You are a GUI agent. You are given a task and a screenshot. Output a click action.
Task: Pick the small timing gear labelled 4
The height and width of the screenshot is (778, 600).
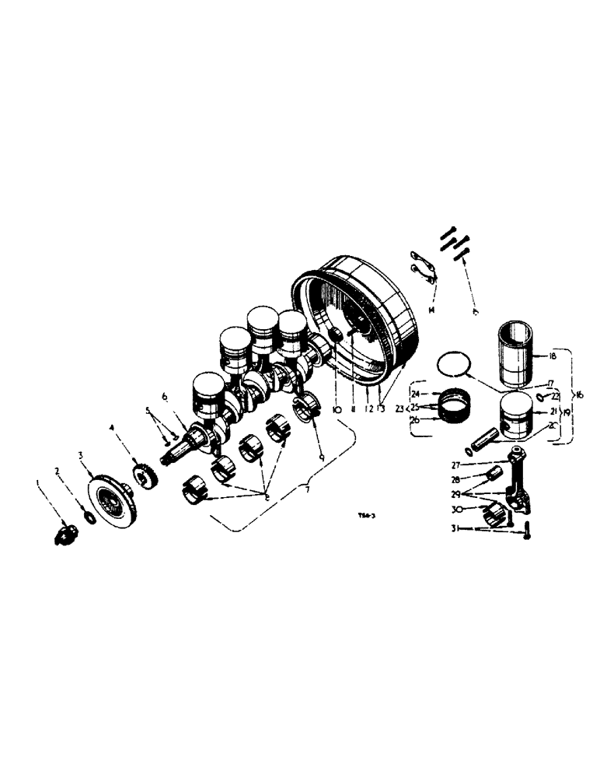point(142,475)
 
